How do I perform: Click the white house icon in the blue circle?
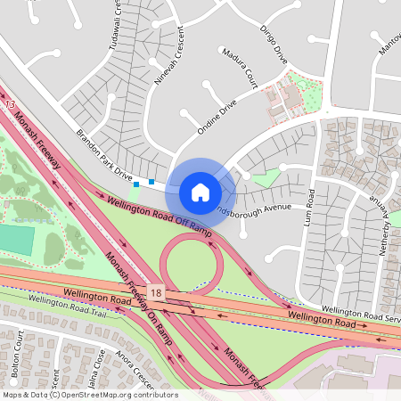200,192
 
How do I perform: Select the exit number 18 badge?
157,292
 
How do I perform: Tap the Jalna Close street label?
94,364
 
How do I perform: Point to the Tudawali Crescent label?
115,27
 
